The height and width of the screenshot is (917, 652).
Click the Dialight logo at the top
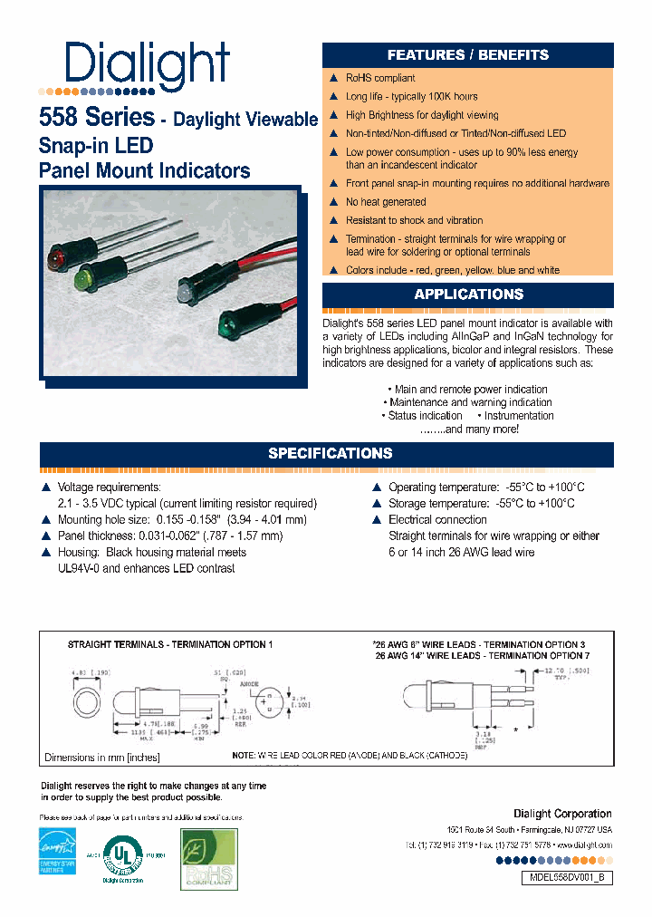click(147, 65)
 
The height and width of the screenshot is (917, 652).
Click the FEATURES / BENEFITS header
click(467, 54)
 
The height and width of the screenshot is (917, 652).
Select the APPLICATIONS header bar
click(467, 294)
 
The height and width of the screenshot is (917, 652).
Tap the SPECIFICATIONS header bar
click(330, 453)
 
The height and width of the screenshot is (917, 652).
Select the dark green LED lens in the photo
click(225, 323)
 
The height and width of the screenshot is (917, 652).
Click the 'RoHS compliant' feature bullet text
click(380, 78)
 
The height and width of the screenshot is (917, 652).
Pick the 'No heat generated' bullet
click(386, 202)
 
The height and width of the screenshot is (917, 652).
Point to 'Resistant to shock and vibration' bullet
click(414, 220)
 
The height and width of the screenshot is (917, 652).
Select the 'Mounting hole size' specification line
click(182, 520)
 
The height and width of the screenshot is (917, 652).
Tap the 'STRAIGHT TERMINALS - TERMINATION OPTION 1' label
click(169, 643)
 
